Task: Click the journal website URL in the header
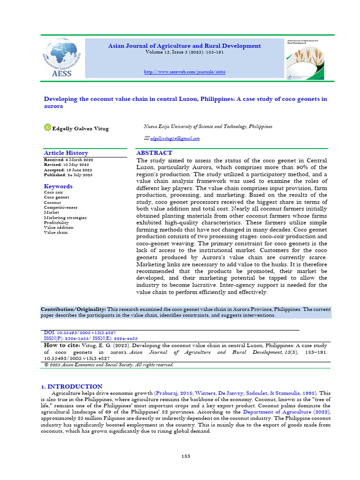tap(184, 72)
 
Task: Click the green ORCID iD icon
tap(47, 127)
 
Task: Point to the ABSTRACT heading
tap(154, 153)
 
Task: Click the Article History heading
tap(66, 153)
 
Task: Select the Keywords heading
tap(58, 186)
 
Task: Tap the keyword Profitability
tap(56, 223)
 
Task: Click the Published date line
tap(68, 175)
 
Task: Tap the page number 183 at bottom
tap(186, 456)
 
